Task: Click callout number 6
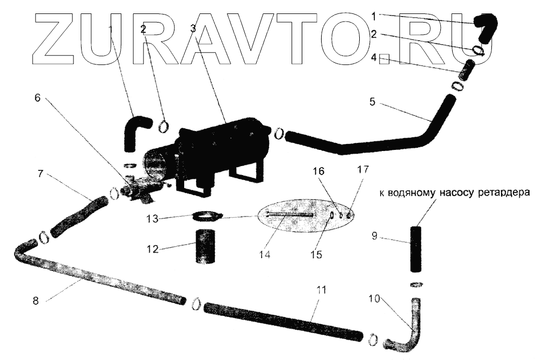37,99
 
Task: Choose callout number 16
318,171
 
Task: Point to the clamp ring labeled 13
206,216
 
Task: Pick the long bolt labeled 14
291,216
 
